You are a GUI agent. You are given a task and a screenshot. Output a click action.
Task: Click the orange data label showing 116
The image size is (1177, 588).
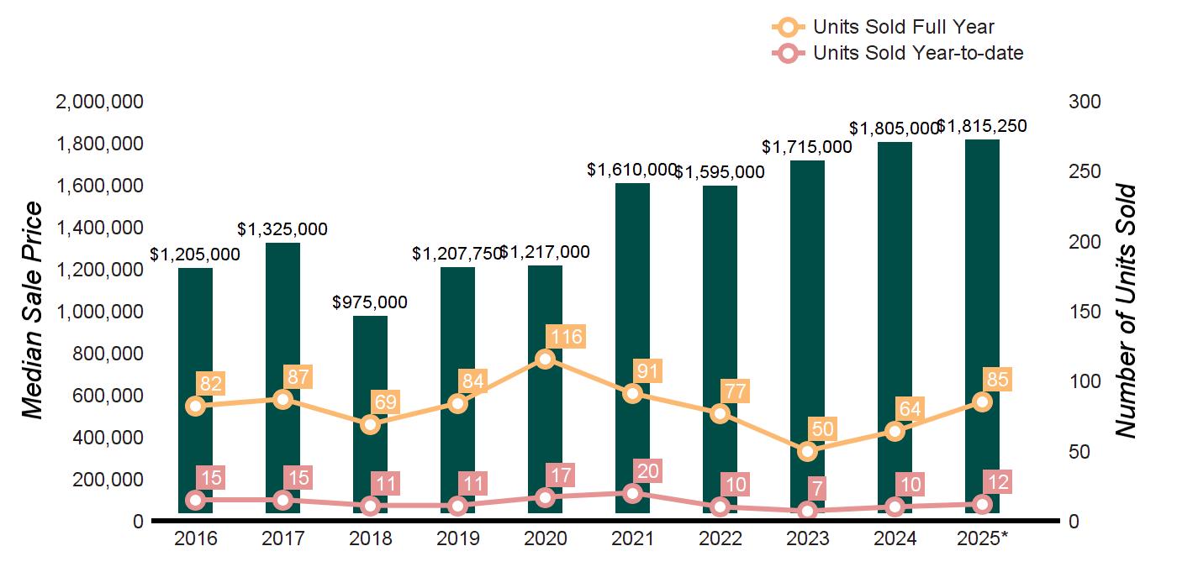[x=566, y=338]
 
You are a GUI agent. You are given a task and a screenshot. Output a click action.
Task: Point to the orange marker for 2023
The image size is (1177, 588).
[x=808, y=451]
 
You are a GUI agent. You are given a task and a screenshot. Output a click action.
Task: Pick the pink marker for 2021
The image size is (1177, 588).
[x=633, y=493]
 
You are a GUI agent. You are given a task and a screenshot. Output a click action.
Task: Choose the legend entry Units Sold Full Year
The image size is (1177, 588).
[x=904, y=27]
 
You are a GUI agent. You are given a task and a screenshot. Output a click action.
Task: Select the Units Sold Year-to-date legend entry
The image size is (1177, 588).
[x=918, y=53]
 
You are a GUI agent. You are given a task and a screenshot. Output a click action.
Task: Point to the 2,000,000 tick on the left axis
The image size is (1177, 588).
[x=98, y=102]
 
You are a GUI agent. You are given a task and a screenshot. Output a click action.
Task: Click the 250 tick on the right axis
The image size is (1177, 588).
[x=1085, y=172]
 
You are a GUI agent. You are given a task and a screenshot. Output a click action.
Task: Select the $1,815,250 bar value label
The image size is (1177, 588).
[x=982, y=127]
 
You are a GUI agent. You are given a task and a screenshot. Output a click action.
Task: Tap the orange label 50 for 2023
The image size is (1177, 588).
[x=824, y=429]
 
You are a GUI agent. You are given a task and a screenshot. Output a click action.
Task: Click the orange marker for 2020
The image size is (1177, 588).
[x=546, y=359]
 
